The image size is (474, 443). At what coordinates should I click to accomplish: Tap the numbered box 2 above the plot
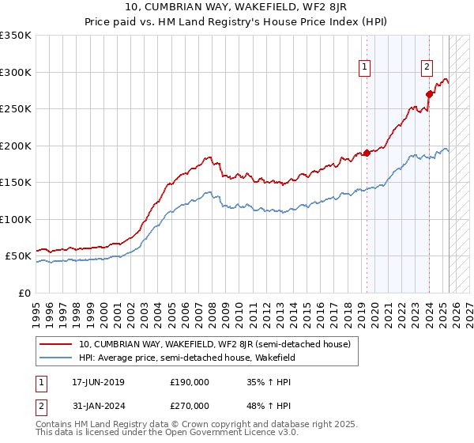(427, 67)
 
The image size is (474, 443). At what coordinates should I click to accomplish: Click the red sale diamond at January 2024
(429, 94)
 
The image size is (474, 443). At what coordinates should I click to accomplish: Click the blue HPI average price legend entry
(186, 358)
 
